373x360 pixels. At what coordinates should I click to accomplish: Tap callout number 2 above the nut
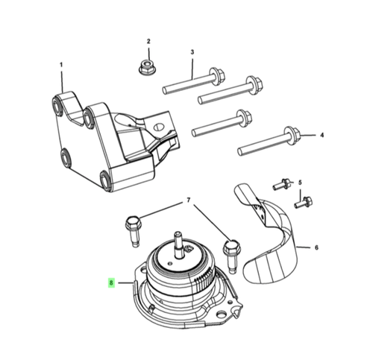(x=148, y=42)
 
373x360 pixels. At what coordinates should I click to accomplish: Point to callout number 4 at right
(x=322, y=136)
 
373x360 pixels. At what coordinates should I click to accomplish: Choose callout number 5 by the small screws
(x=300, y=183)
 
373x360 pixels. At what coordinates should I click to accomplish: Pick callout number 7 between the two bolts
(x=188, y=200)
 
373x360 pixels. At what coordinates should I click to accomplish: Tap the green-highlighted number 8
(x=111, y=283)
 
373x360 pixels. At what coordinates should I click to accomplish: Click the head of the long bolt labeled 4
(x=292, y=135)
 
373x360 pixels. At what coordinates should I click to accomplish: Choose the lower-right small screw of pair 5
(x=304, y=199)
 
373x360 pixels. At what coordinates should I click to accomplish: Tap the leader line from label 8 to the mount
(x=125, y=283)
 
